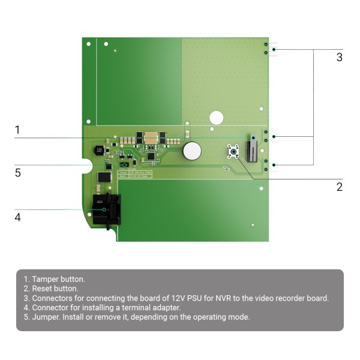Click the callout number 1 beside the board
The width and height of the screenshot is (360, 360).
coord(17,130)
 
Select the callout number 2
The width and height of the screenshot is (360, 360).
coord(340,187)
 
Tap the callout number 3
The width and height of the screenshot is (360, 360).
coord(340,58)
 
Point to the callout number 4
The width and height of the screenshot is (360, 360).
coord(17,217)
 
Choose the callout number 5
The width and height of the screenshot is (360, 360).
coord(17,173)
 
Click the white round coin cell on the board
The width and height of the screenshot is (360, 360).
coord(192,151)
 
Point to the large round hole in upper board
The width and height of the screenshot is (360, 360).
coord(216,118)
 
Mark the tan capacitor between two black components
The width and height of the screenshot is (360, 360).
coord(151,137)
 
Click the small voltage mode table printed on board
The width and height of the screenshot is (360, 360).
coord(136,173)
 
